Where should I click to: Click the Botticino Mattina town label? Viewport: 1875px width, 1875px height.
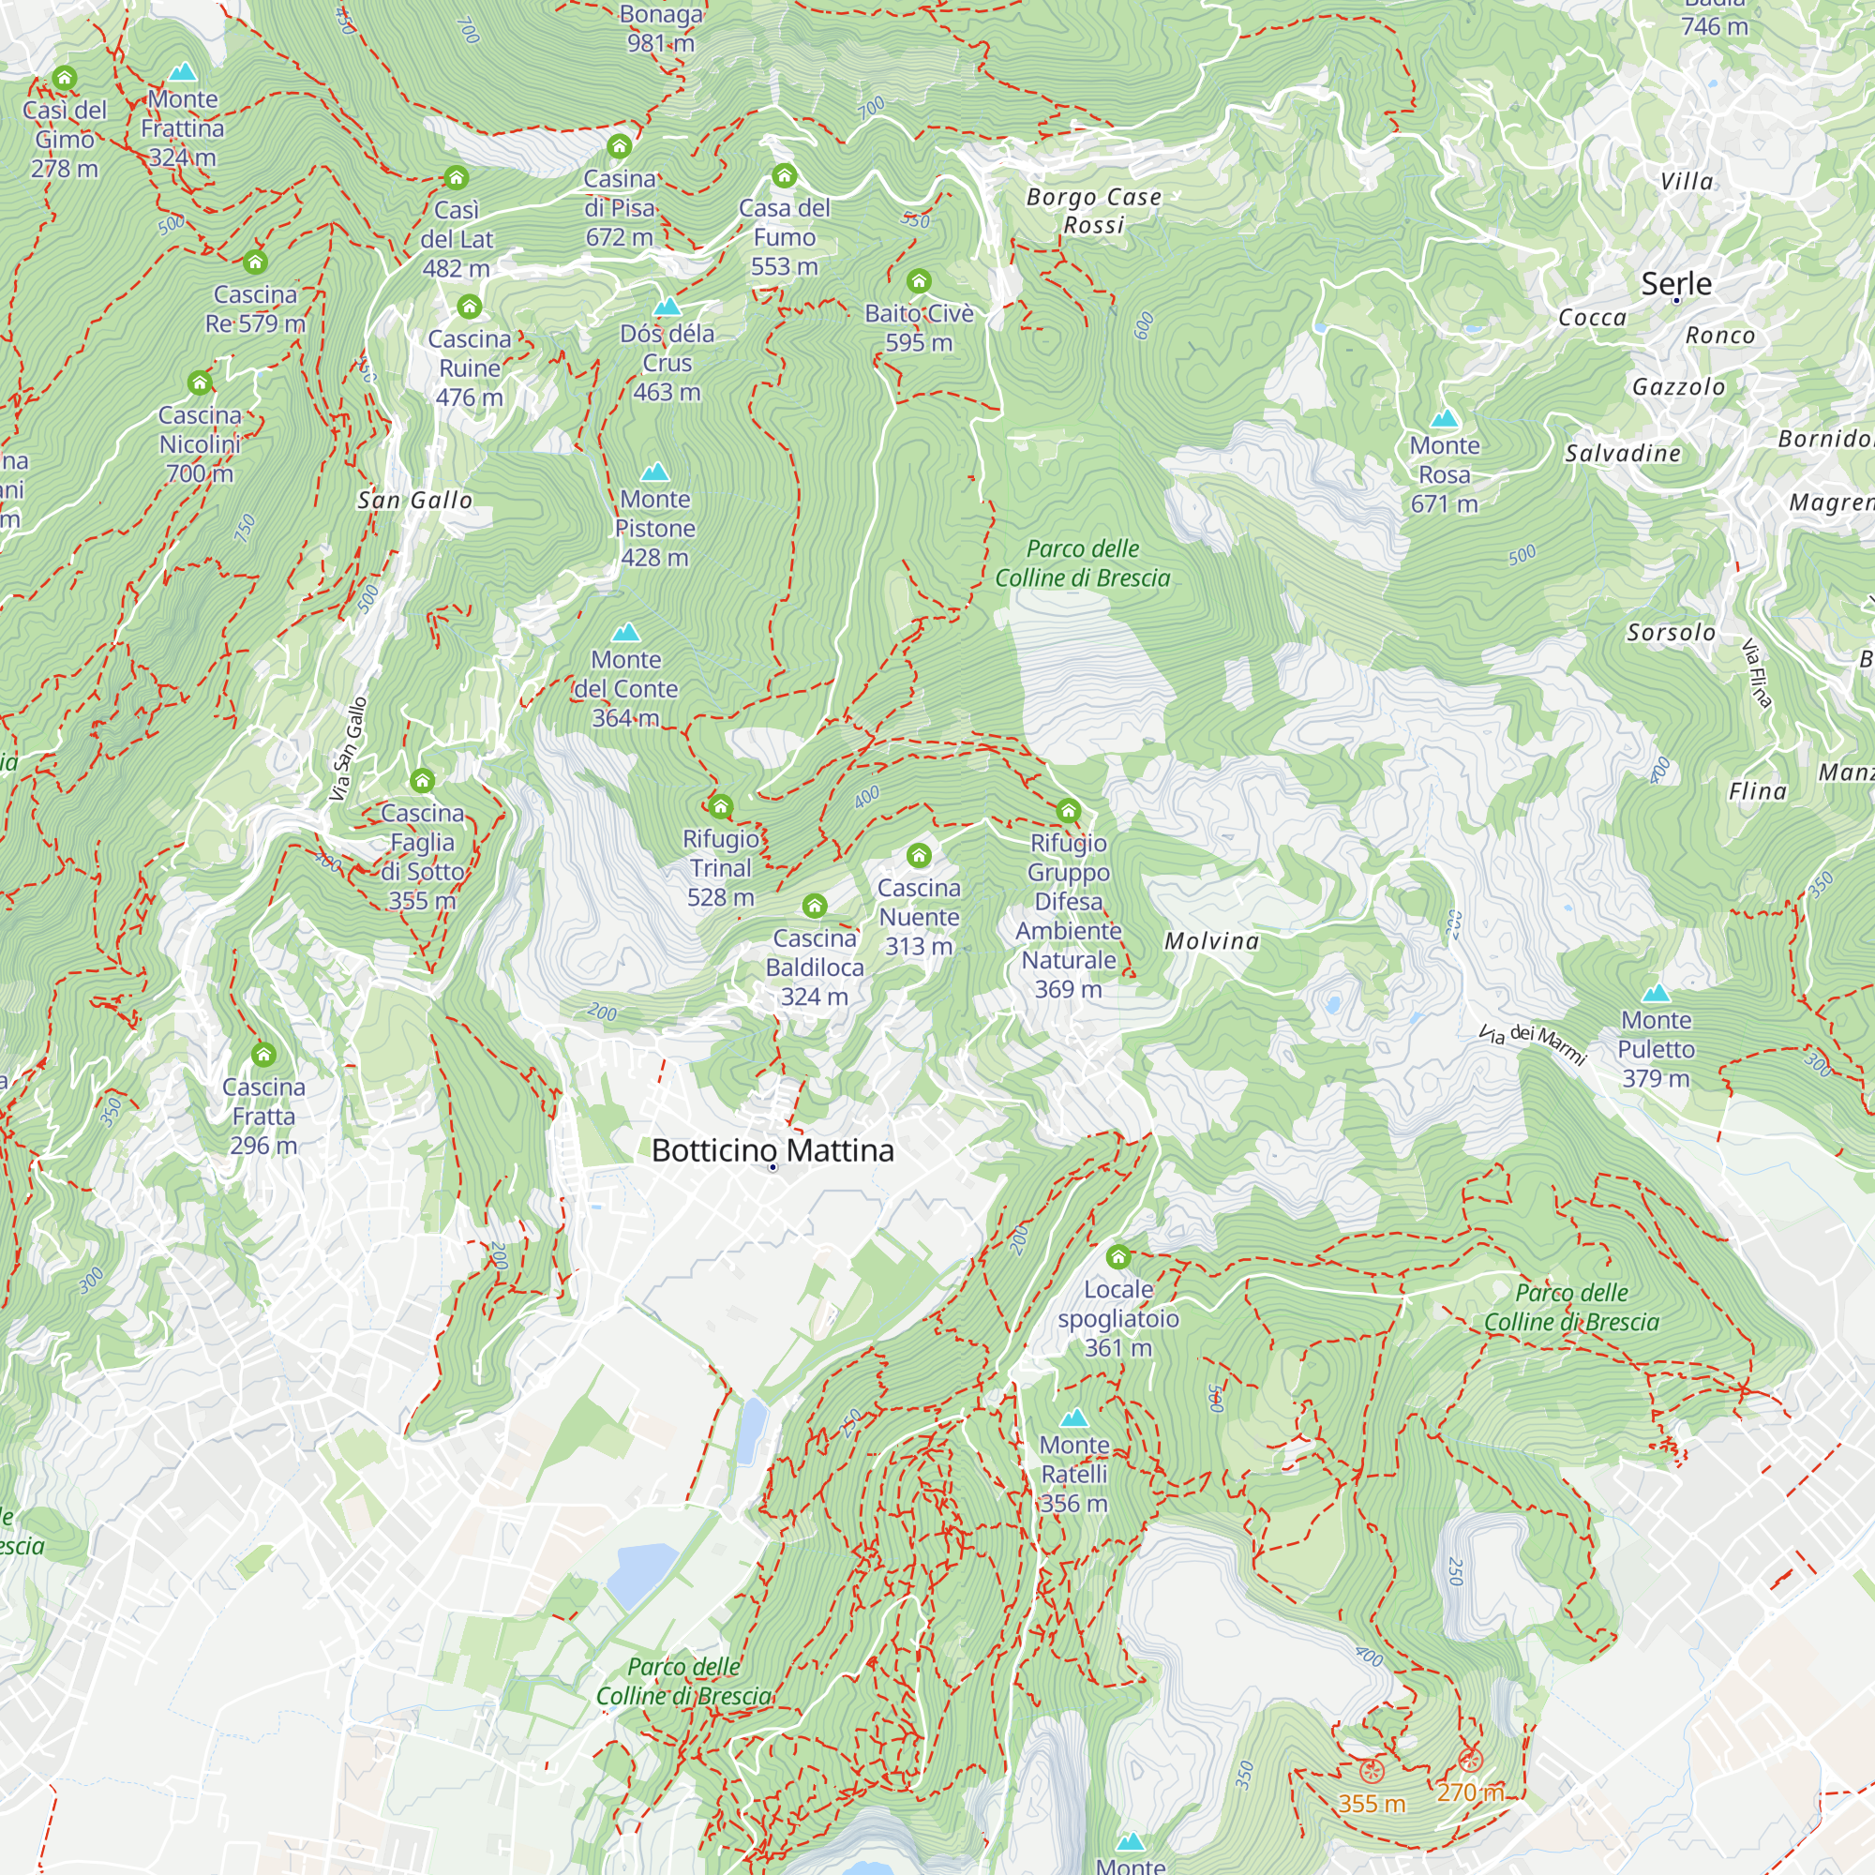point(772,1151)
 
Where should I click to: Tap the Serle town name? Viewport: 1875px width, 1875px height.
point(1676,283)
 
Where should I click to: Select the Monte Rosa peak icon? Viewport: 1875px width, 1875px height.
point(1444,418)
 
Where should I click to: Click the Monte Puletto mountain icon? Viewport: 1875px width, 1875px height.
point(1656,993)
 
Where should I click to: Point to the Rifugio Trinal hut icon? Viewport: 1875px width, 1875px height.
point(720,806)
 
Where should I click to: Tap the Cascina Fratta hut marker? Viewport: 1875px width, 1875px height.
point(264,1054)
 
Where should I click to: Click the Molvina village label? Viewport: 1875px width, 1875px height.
point(1212,940)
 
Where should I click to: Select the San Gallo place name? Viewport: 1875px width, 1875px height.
point(415,500)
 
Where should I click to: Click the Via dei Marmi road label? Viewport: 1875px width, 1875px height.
point(1533,1043)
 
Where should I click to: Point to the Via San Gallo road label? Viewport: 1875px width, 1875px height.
point(349,749)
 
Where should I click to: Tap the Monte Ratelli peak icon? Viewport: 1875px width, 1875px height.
point(1073,1417)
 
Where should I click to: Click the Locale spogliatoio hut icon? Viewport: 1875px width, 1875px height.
point(1118,1257)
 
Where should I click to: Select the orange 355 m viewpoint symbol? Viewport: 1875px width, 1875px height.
point(1371,1771)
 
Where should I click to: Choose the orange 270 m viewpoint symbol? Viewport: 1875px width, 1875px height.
point(1470,1761)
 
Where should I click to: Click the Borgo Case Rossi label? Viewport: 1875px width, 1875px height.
point(1094,211)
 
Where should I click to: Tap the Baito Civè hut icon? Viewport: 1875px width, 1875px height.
point(918,281)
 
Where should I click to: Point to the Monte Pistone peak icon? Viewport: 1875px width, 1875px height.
point(655,472)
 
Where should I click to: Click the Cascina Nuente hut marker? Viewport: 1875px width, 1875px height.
point(918,855)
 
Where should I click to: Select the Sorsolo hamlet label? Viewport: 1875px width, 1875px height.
point(1672,633)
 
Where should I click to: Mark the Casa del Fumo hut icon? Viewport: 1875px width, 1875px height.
point(784,175)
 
